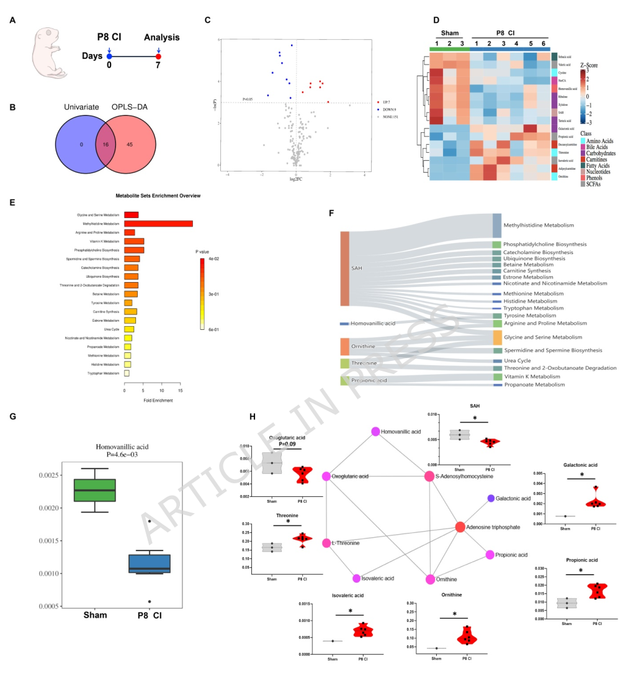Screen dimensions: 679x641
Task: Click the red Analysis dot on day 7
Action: point(158,57)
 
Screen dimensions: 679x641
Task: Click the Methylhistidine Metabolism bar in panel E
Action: point(158,224)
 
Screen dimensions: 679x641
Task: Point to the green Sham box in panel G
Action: point(94,490)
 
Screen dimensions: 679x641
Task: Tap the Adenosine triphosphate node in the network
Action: point(460,527)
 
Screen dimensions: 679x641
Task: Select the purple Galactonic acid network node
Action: point(491,498)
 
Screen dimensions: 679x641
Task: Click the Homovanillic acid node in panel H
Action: point(375,431)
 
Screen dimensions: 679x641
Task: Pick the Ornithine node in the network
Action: point(430,579)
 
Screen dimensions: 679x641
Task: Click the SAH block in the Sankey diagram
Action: point(345,268)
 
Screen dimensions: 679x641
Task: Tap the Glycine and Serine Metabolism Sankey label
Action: point(543,337)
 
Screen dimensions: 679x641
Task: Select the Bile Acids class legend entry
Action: point(593,147)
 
